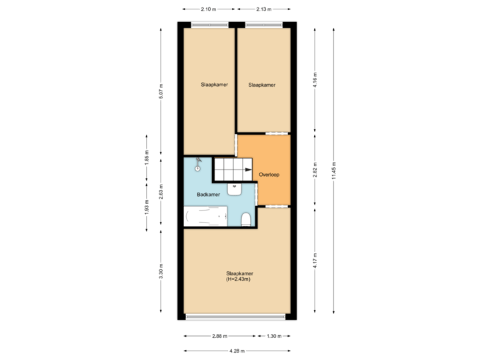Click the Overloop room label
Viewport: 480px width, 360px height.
pos(269,175)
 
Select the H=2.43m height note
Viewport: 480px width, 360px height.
pos(239,279)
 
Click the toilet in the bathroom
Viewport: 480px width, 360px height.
pos(245,219)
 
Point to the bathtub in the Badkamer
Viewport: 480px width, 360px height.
pos(205,217)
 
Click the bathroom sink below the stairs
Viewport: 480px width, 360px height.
pos(235,189)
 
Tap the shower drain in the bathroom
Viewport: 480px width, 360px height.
pos(197,169)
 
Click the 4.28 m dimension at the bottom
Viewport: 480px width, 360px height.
pos(237,351)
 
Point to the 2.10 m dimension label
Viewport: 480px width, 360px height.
pos(208,9)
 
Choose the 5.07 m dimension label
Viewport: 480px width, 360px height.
pos(161,91)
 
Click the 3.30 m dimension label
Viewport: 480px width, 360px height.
pos(161,271)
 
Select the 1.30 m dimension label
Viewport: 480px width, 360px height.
pos(274,335)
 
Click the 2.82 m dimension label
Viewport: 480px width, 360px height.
pos(315,170)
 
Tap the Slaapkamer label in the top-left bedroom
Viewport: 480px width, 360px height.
pos(214,85)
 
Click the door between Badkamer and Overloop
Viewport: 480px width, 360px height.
pos(257,193)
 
